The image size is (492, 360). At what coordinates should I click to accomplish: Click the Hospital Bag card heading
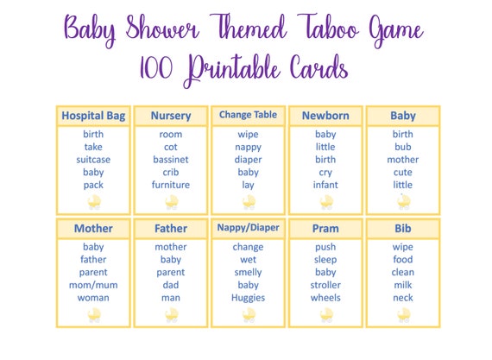pos(93,116)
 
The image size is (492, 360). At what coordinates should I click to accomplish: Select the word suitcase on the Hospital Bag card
pos(93,160)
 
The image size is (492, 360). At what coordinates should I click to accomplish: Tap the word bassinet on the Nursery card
pos(171,160)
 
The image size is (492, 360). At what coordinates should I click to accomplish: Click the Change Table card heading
pos(248,115)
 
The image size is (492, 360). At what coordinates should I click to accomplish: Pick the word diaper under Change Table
pos(248,160)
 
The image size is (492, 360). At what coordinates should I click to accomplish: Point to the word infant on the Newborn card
pos(325,185)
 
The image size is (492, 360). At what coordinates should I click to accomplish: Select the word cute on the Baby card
pos(403,173)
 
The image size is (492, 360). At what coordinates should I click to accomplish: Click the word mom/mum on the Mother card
pos(93,285)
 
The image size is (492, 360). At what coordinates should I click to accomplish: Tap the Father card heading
pos(171,229)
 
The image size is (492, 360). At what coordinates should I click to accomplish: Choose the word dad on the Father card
pos(171,285)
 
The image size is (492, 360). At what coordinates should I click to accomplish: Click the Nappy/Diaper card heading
pos(248,228)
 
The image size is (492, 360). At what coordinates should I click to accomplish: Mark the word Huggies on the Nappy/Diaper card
pos(248,298)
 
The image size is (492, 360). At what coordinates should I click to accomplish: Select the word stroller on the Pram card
pos(325,285)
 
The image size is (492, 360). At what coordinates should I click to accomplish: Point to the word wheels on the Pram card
pos(325,298)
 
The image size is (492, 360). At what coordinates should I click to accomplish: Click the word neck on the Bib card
pos(403,298)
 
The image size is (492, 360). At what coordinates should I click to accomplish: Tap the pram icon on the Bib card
pos(404,315)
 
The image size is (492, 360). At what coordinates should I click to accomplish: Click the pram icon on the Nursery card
pos(172,202)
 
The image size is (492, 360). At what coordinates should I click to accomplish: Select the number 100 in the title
pos(156,68)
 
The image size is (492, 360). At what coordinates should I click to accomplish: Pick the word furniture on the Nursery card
pos(171,185)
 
